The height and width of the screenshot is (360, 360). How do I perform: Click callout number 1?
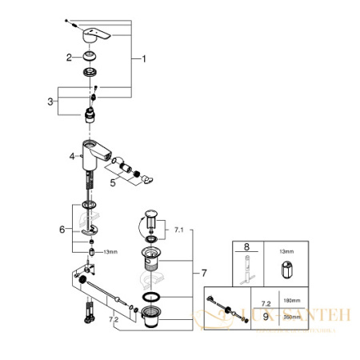[x=144, y=59]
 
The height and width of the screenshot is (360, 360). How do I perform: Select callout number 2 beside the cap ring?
[x=70, y=57]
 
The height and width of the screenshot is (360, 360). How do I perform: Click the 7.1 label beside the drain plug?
[x=178, y=230]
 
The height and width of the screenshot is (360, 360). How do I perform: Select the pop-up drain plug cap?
[x=150, y=213]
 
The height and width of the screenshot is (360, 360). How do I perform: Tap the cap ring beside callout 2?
[x=86, y=57]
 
